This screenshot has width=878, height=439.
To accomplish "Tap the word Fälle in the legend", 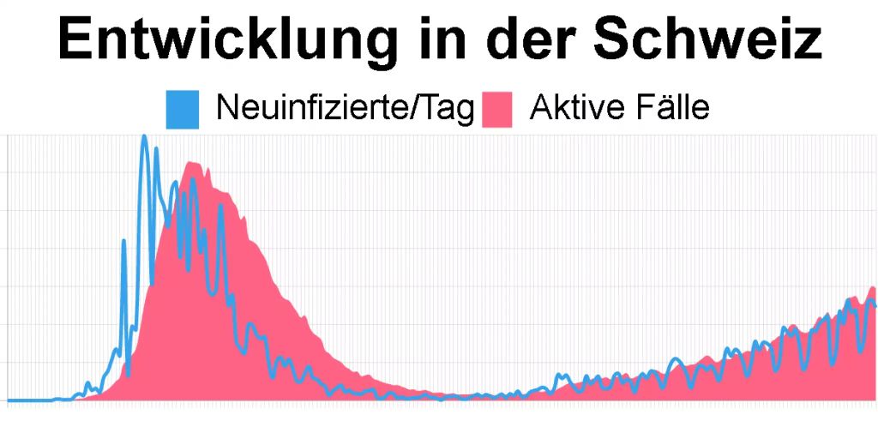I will click(675, 109).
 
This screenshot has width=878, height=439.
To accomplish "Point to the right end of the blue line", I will click(875, 305).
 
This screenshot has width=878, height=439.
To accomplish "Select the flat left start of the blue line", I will click(26, 400).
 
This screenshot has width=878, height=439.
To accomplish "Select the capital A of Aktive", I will click(539, 109).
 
